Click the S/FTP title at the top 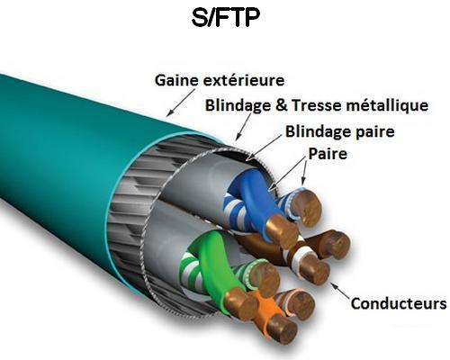[x=225, y=17]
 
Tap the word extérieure [x=244, y=80]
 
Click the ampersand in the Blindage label [x=282, y=105]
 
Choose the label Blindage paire [x=339, y=132]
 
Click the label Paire [x=328, y=154]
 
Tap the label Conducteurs [x=399, y=303]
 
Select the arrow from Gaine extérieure [x=182, y=103]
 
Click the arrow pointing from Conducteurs [x=340, y=291]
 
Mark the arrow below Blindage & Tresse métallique [x=243, y=127]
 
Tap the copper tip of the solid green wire [x=241, y=303]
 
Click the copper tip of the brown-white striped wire [x=315, y=270]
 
